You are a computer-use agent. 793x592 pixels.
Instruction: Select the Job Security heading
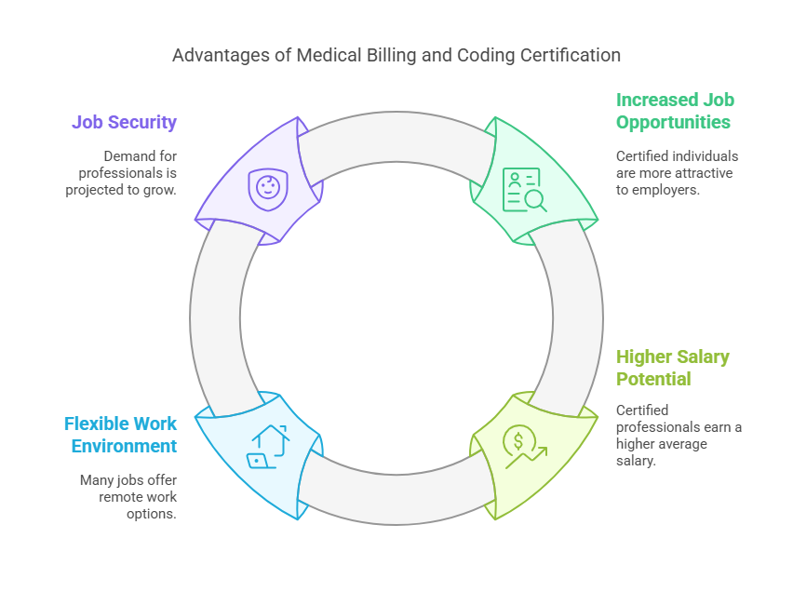pyautogui.click(x=124, y=122)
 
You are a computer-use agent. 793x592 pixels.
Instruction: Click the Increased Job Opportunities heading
pyautogui.click(x=675, y=111)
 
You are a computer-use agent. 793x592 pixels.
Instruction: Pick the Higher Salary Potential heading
pyautogui.click(x=673, y=368)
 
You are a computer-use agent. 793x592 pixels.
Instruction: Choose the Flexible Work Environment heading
pyautogui.click(x=120, y=435)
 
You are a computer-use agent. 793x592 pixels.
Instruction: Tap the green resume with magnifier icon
pyautogui.click(x=524, y=190)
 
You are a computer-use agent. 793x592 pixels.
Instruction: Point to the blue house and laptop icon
pyautogui.click(x=268, y=445)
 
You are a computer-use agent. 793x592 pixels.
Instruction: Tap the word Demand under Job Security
pyautogui.click(x=127, y=155)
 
